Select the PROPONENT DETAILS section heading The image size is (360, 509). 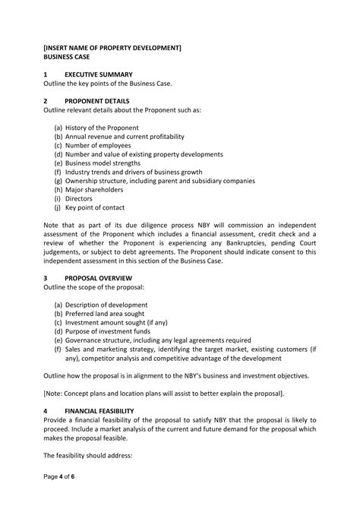pos(96,100)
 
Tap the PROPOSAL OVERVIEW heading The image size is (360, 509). pos(97,278)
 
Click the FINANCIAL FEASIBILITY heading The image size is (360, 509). pos(99,411)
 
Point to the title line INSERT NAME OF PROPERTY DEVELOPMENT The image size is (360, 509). pos(112,47)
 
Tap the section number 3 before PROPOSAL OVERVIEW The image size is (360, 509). pos(46,278)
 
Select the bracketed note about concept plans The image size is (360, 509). pos(164,393)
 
